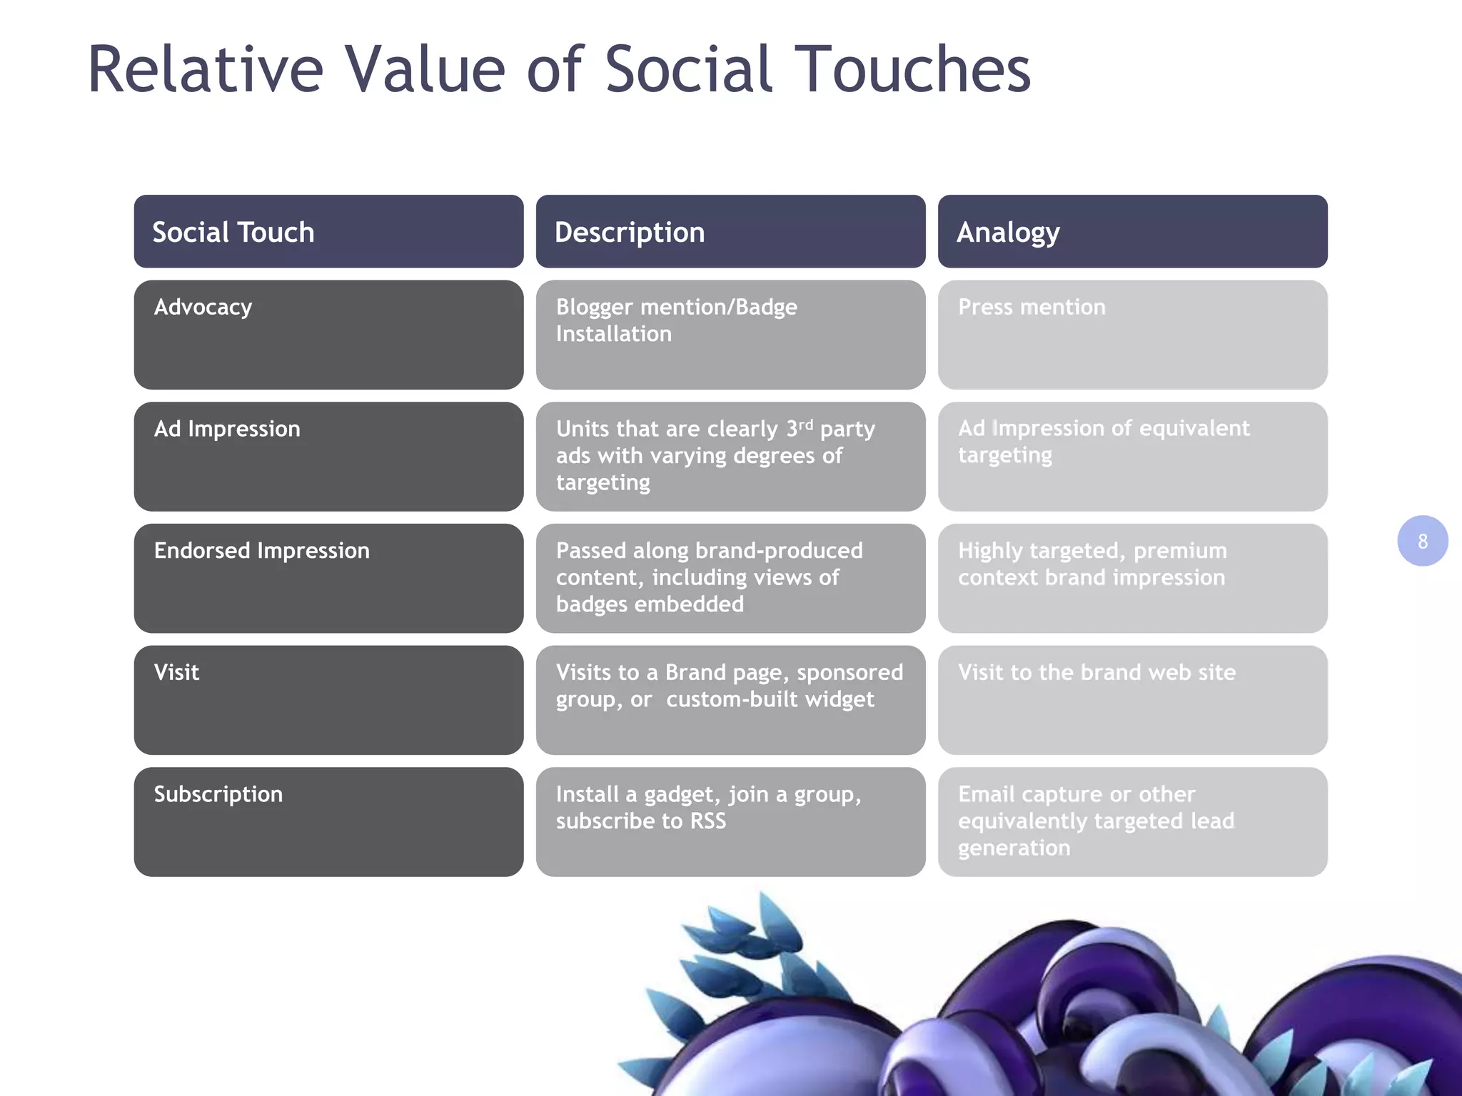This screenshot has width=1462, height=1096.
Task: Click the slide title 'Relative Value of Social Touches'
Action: (x=559, y=69)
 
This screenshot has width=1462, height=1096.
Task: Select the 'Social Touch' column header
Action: (x=233, y=233)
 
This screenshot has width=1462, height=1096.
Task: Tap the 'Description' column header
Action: (x=630, y=233)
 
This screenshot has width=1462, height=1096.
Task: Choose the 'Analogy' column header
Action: (x=1008, y=233)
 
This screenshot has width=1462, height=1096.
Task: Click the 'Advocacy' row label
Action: (x=203, y=307)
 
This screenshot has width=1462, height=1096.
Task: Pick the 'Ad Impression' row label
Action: (x=227, y=429)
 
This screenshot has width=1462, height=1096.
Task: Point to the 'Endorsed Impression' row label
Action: (x=262, y=551)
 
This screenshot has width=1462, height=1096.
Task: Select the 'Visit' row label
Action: (x=176, y=673)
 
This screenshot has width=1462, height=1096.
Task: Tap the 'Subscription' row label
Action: (x=218, y=794)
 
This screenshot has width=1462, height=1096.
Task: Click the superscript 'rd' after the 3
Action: (x=806, y=425)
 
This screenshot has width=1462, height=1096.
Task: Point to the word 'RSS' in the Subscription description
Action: (x=707, y=821)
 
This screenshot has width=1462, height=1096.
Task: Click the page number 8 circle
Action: (x=1422, y=541)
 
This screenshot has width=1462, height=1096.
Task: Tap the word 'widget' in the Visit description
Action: (x=839, y=699)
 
